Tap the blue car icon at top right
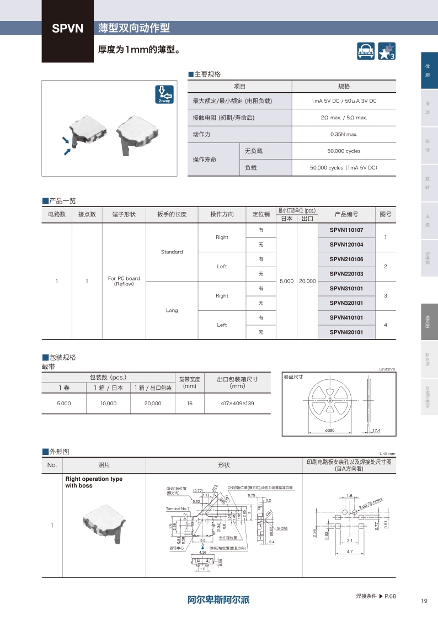point(366,51)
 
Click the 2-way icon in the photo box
point(164,94)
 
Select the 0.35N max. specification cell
point(344,134)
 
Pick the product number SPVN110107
point(346,230)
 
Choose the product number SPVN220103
point(346,274)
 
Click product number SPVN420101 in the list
point(346,332)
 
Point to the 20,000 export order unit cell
point(307,281)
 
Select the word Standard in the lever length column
point(172,252)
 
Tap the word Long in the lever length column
point(172,310)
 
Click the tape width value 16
point(189,404)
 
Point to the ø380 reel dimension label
point(330,430)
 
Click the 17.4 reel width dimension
point(376,430)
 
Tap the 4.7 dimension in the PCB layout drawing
point(349,552)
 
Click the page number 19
point(423,601)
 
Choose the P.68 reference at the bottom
point(390,596)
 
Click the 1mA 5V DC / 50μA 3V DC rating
point(344,101)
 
